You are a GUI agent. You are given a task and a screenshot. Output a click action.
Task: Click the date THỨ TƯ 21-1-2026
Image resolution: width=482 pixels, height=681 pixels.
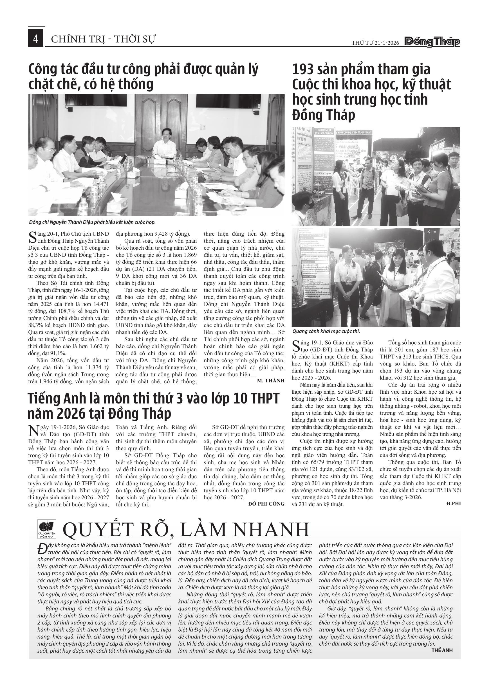(375, 43)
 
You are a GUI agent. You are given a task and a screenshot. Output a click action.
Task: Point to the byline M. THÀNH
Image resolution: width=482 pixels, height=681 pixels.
(270, 380)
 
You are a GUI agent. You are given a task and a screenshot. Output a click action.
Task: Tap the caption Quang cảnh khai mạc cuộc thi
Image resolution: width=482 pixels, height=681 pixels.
(326, 331)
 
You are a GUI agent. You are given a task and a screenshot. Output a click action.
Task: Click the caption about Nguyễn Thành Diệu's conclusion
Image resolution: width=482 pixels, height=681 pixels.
(92, 222)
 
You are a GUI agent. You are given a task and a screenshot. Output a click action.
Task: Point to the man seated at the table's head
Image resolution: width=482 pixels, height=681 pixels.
(164, 142)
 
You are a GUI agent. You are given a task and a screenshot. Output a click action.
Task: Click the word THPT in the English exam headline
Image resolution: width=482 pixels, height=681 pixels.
(264, 399)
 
